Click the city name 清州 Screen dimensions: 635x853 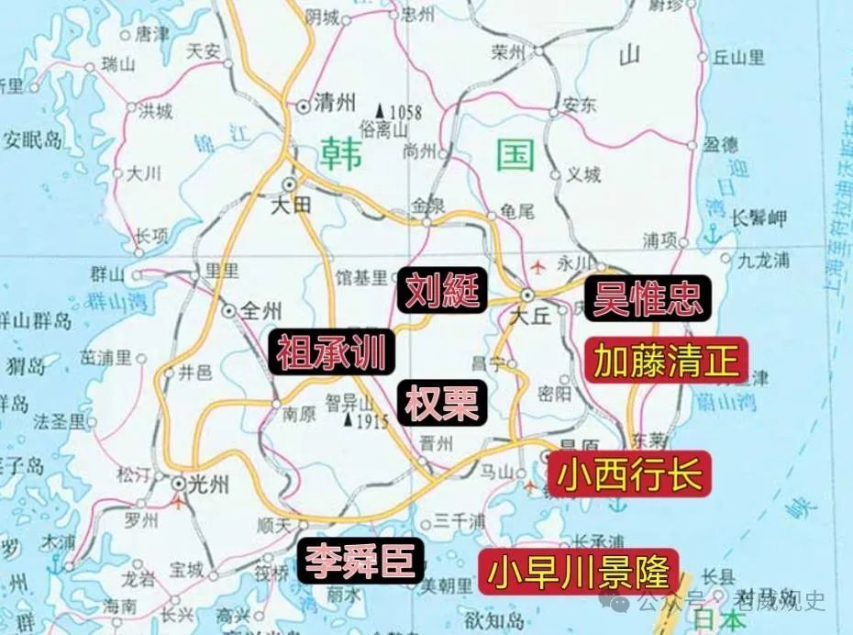coord(335,105)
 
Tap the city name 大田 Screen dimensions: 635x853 coord(292,206)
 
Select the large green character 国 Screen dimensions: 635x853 coord(515,155)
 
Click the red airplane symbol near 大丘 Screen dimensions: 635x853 coord(537,268)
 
